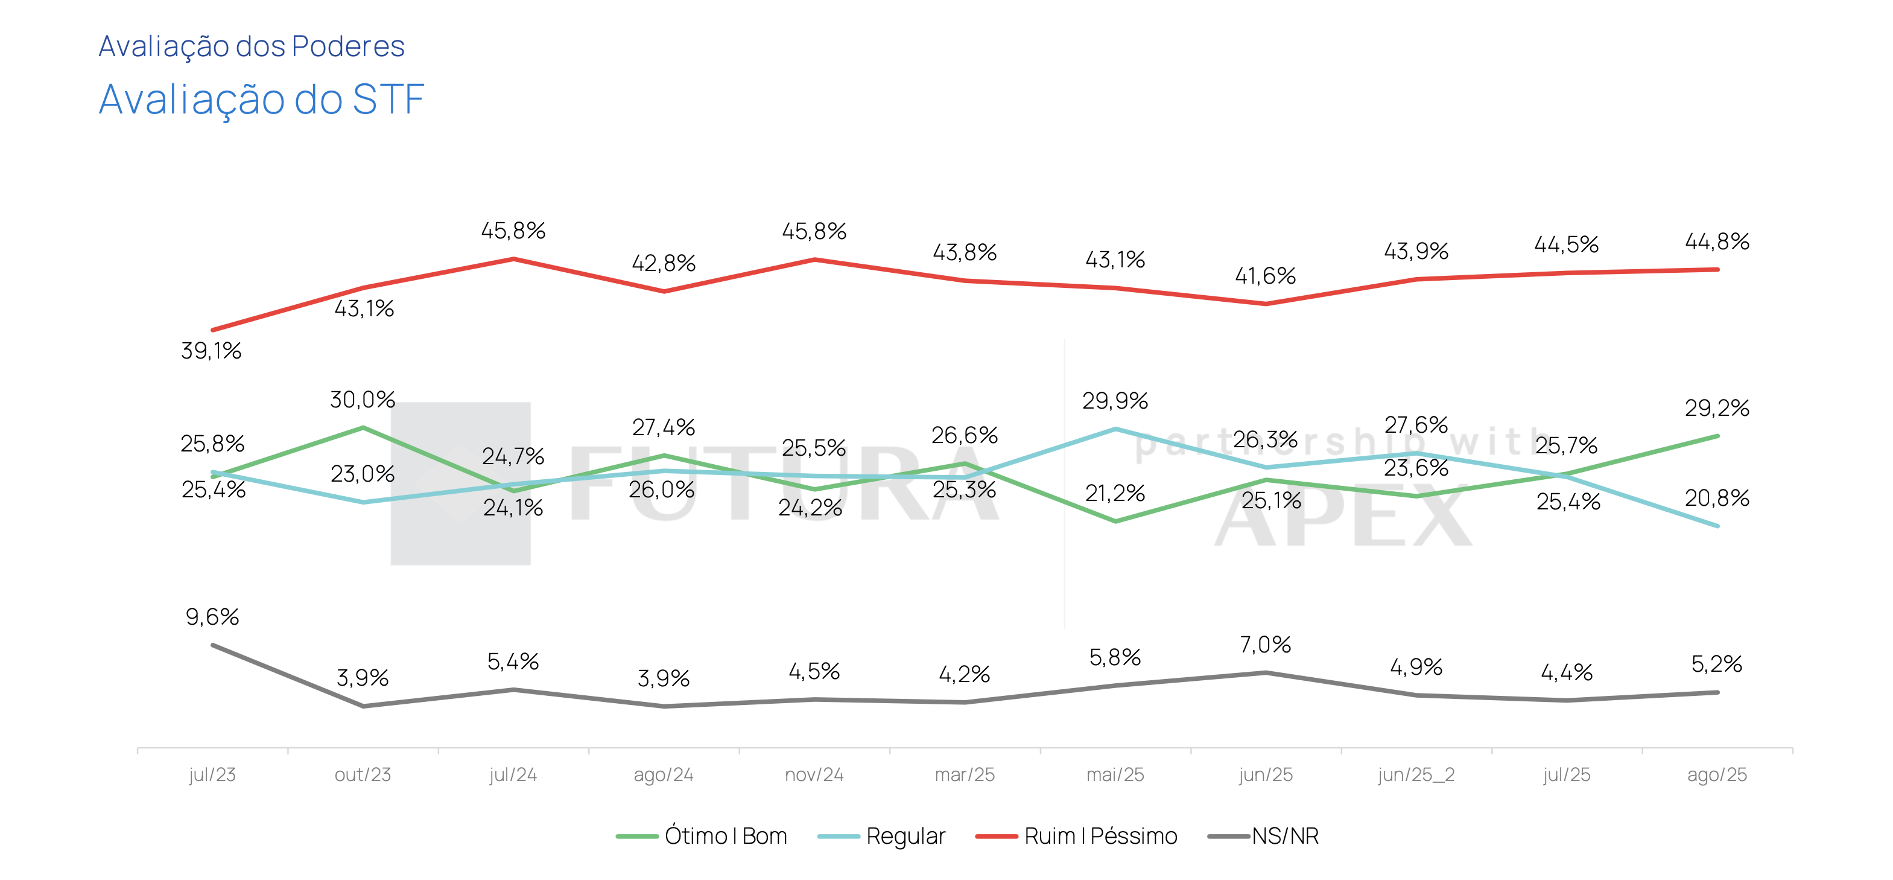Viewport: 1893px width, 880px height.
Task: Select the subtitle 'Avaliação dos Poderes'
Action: pos(252,46)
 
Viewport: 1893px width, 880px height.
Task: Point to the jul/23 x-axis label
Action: pos(212,774)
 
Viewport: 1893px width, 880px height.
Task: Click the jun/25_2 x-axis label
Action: pos(1416,774)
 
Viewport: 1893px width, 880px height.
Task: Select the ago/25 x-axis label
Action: pos(1717,774)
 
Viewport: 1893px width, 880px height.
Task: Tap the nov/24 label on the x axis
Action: pos(814,774)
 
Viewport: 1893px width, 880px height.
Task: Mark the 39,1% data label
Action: pos(212,351)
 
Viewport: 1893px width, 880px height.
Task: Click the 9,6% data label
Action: pos(212,617)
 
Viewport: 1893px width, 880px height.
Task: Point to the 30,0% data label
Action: pos(363,400)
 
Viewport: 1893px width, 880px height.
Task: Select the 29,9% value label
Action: pos(1115,401)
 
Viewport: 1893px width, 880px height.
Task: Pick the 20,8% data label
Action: pos(1717,499)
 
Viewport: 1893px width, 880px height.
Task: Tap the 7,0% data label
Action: pos(1266,645)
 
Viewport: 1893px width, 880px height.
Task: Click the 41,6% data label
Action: pos(1266,276)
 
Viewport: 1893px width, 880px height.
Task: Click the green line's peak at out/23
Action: pos(363,427)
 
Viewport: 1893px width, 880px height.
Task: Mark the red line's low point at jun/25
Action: pos(1266,304)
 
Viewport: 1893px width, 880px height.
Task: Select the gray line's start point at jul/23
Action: pos(212,645)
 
